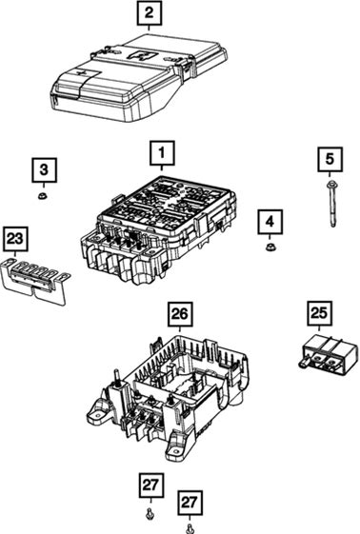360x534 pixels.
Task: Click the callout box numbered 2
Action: pos(150,13)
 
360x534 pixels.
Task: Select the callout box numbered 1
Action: pos(162,153)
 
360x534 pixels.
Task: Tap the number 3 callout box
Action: pos(44,169)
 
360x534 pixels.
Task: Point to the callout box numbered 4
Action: pos(270,222)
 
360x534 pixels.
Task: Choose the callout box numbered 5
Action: pos(330,159)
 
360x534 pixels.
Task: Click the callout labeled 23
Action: pos(15,238)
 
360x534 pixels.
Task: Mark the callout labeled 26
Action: pos(180,314)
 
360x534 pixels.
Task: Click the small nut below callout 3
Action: pos(43,196)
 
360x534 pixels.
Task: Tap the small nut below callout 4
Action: pos(270,247)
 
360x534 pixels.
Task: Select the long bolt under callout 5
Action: pos(331,205)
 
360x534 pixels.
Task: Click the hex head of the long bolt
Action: pos(330,185)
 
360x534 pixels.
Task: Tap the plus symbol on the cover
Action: pos(81,73)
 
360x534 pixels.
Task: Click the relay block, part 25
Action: pos(329,355)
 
